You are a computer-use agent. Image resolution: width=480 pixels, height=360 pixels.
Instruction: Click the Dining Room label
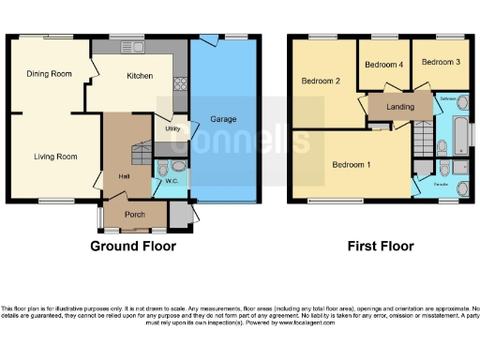click(49, 74)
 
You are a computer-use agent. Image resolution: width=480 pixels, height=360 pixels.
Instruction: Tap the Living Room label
click(54, 157)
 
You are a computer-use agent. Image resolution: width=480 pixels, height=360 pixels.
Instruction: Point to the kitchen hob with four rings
click(179, 83)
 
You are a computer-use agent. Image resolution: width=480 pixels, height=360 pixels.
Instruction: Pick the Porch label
click(135, 212)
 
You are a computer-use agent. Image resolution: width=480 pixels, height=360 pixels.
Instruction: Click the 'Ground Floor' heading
click(132, 247)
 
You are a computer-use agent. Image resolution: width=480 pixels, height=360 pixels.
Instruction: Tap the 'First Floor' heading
click(380, 247)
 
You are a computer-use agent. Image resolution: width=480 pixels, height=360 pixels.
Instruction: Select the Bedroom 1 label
click(352, 165)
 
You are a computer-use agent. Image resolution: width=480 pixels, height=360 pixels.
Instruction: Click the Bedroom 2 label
click(320, 82)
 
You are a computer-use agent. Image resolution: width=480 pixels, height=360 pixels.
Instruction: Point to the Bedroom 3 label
click(441, 62)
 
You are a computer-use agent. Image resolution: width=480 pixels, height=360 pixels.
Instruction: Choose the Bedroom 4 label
click(384, 65)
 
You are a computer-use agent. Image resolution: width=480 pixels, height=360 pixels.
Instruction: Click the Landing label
click(401, 107)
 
